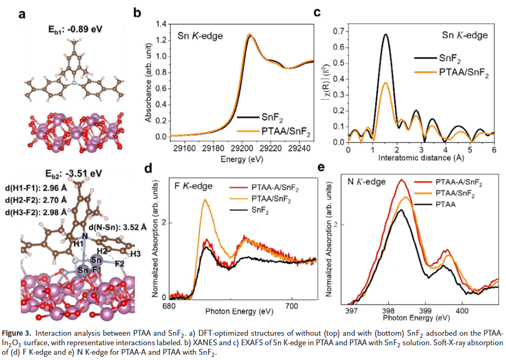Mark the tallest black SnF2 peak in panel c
386,34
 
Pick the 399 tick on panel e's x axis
425,310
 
